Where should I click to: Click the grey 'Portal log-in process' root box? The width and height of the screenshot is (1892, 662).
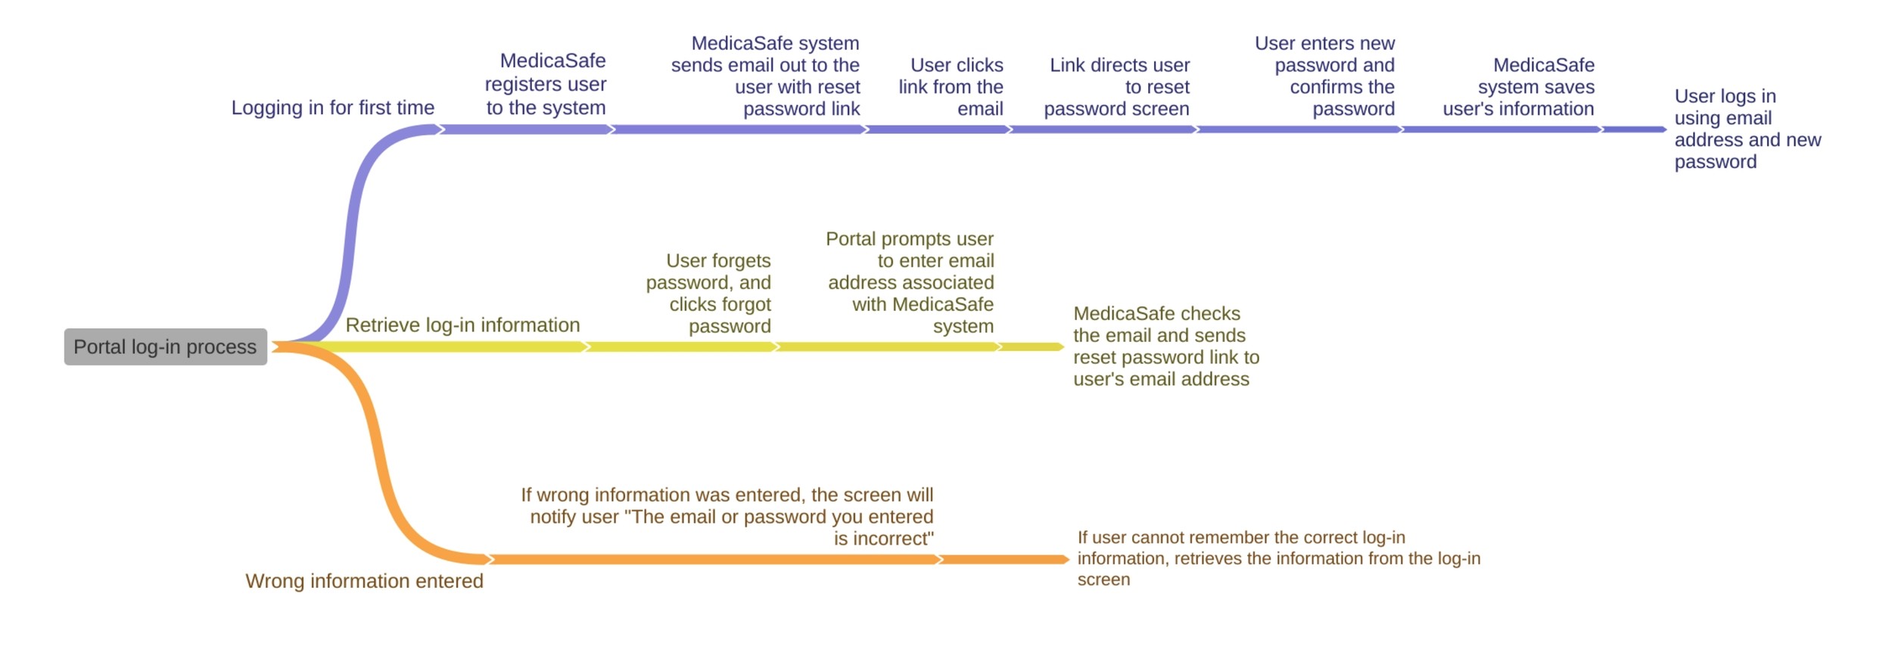tap(165, 347)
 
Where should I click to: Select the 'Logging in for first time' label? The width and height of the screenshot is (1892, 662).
tap(332, 107)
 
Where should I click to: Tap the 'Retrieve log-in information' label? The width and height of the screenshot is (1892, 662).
tap(462, 325)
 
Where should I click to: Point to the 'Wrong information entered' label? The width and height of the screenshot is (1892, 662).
tap(364, 580)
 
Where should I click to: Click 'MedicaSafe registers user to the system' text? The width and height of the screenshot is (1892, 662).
tap(546, 84)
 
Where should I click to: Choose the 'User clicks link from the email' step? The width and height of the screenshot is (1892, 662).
tap(951, 87)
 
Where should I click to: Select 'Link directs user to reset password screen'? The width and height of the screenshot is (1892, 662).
tap(1117, 87)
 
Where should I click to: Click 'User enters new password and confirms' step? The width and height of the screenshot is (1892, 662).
tap(1326, 76)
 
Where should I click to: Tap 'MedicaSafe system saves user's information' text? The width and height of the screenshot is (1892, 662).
tap(1519, 87)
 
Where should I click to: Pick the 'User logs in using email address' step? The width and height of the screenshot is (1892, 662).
tap(1747, 129)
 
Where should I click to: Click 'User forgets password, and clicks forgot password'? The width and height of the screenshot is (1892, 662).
tap(709, 293)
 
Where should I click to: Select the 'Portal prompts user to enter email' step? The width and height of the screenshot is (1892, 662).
tap(910, 282)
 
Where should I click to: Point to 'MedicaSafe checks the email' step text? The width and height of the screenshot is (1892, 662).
tap(1165, 346)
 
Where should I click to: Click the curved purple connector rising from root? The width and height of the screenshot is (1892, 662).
tap(350, 227)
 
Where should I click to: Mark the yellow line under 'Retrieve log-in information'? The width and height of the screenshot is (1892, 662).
tap(454, 347)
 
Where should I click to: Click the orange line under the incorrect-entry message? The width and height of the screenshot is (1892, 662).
tap(711, 559)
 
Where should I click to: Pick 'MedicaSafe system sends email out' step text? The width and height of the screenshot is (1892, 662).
tap(766, 76)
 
